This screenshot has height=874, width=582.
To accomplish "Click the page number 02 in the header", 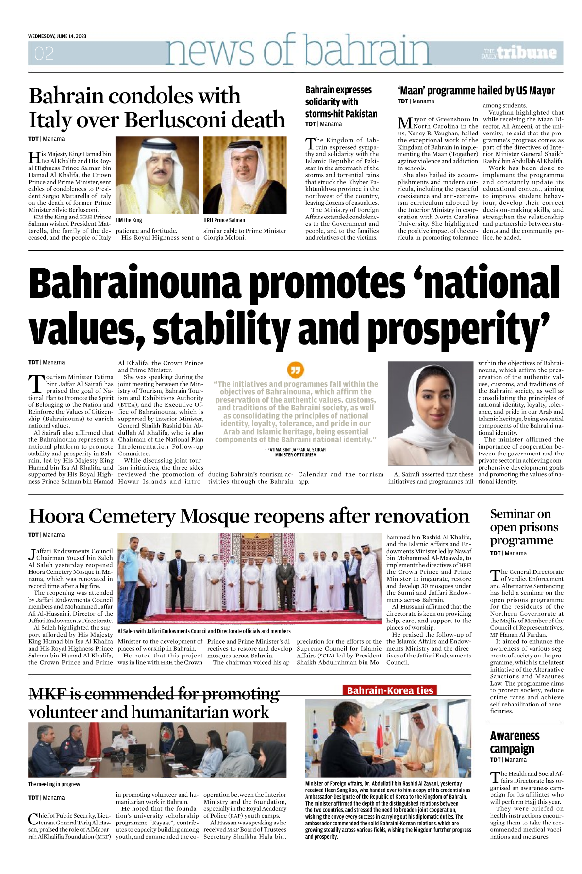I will tap(44, 53).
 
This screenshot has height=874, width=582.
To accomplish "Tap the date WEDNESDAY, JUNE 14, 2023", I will tap(57, 36).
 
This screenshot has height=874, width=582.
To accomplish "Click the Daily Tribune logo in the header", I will tap(519, 52).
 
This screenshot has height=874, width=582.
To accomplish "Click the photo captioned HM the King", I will tap(157, 175).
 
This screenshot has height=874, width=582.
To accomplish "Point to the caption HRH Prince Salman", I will tap(224, 220).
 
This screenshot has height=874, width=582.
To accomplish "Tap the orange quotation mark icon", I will tap(296, 370).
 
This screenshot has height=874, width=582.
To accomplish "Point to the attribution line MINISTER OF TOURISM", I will tap(296, 455).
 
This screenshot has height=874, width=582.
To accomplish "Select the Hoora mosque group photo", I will tap(249, 579).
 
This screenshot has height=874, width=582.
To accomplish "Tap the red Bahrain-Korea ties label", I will tap(390, 690).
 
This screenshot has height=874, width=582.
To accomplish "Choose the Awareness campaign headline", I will tap(515, 742).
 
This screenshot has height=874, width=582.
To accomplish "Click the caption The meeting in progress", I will tap(54, 784).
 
